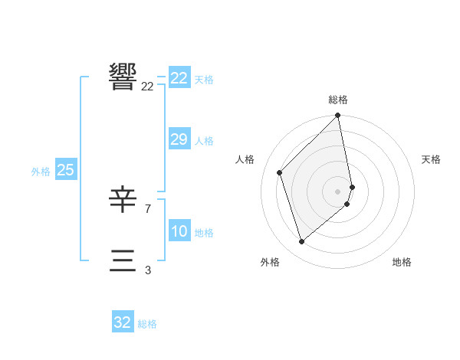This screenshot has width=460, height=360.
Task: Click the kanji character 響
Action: click(x=123, y=77)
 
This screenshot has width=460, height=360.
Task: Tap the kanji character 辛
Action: click(x=123, y=201)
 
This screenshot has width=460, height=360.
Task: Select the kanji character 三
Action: click(x=123, y=260)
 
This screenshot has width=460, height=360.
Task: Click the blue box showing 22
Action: click(x=179, y=78)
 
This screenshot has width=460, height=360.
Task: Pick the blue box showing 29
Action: click(x=179, y=139)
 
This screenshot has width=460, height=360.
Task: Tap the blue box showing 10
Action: click(x=179, y=231)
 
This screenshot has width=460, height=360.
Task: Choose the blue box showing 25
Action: click(x=66, y=170)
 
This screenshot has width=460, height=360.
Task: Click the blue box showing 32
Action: click(x=123, y=322)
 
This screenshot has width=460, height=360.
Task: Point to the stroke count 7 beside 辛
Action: click(x=147, y=208)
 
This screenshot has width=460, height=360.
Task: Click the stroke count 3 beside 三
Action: click(x=147, y=270)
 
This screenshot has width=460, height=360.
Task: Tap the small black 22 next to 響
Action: click(x=147, y=87)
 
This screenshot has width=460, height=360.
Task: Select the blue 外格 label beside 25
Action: click(x=41, y=172)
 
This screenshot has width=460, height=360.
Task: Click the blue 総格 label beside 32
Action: click(x=147, y=324)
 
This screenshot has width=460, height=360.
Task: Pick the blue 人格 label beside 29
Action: click(x=204, y=141)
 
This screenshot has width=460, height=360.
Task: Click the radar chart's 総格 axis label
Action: click(x=338, y=100)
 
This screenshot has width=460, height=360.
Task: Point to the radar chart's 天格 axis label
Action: click(x=431, y=159)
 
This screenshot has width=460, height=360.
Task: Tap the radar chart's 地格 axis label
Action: click(x=402, y=262)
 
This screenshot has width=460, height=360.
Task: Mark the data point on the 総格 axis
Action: click(x=338, y=116)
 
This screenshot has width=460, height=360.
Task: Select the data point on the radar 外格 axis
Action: click(x=302, y=241)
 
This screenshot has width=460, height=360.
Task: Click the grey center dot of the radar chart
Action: click(x=338, y=191)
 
